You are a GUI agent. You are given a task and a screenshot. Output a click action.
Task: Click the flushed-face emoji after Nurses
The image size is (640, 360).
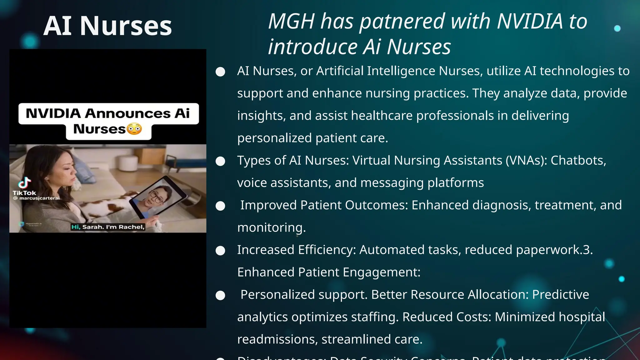click(x=134, y=129)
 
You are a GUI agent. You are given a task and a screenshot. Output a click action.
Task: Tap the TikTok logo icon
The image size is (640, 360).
click(x=24, y=183)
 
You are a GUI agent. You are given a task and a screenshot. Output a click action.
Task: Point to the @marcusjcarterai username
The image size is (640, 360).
click(x=37, y=198)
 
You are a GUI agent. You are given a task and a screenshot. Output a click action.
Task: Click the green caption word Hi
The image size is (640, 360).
click(x=76, y=227)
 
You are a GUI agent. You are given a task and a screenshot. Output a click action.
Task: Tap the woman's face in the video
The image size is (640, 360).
click(x=66, y=170)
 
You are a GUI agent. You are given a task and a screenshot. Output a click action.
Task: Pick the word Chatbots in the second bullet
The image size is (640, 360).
click(x=578, y=160)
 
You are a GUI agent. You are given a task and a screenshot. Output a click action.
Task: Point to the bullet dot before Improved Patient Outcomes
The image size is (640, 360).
click(x=220, y=206)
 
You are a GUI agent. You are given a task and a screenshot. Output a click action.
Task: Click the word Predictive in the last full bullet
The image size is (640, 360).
click(x=561, y=295)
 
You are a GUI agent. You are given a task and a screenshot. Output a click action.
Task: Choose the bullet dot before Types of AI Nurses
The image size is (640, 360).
click(x=220, y=161)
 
